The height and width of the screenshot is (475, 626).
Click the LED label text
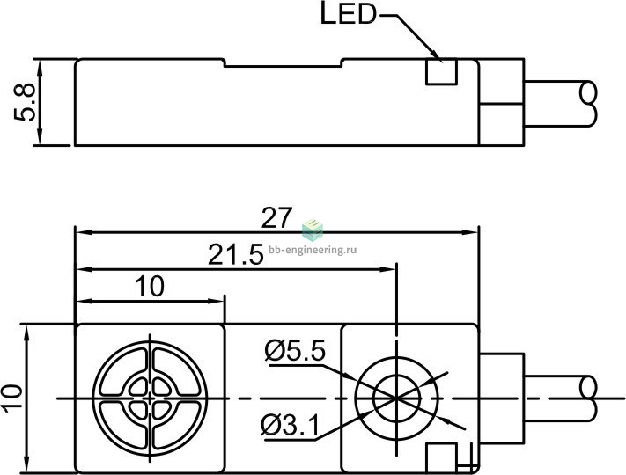pyautogui.click(x=349, y=15)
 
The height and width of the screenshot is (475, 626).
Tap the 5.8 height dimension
pyautogui.click(x=25, y=103)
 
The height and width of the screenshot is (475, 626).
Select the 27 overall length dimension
pyautogui.click(x=276, y=218)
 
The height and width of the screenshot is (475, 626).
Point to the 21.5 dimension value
pyautogui.click(x=236, y=254)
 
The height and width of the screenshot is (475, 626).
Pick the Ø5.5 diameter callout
pyautogui.click(x=295, y=351)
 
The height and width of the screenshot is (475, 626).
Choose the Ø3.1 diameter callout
pyautogui.click(x=291, y=425)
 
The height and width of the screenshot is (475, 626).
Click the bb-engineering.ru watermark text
pyautogui.click(x=313, y=250)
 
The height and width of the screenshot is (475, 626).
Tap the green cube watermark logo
pyautogui.click(x=313, y=230)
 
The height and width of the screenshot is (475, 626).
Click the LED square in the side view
pyautogui.click(x=441, y=72)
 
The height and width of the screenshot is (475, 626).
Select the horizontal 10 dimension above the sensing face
pyautogui.click(x=150, y=286)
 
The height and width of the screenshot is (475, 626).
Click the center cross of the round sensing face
pyautogui.click(x=150, y=398)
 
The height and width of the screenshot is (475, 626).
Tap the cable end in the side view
pyautogui.click(x=587, y=104)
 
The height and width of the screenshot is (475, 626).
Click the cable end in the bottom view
pyautogui.click(x=588, y=398)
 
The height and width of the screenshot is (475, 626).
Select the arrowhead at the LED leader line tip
pyautogui.click(x=438, y=57)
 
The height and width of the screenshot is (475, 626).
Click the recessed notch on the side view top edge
pyautogui.click(x=284, y=66)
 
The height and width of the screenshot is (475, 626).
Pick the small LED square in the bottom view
pyautogui.click(x=441, y=457)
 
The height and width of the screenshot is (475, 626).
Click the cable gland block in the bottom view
pyautogui.click(x=502, y=398)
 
